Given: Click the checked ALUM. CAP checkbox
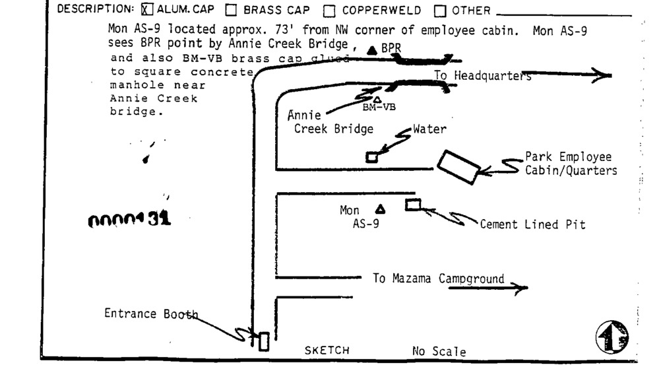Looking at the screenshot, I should point(147,10).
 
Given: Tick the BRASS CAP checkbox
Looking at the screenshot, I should point(231,10).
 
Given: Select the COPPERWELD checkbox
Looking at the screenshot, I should point(329,10).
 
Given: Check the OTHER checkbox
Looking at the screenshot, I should point(440,10).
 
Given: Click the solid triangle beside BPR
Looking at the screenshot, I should point(373,50).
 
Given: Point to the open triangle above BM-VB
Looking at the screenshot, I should point(377,99).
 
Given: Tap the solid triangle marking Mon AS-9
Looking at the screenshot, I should point(380,209).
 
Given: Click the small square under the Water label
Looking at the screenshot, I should point(372,157).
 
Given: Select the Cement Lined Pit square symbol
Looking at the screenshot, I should point(413,205).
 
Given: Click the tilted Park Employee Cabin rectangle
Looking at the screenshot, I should point(457,167).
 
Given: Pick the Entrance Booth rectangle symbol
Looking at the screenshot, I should point(264,341).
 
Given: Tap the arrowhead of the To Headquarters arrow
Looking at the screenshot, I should point(602,75).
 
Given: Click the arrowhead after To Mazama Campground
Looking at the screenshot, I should point(521,287).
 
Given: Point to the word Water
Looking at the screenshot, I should point(429,129).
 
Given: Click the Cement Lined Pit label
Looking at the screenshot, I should point(532,225).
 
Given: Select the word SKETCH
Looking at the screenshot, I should point(327,350).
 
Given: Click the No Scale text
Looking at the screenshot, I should point(439,352).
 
